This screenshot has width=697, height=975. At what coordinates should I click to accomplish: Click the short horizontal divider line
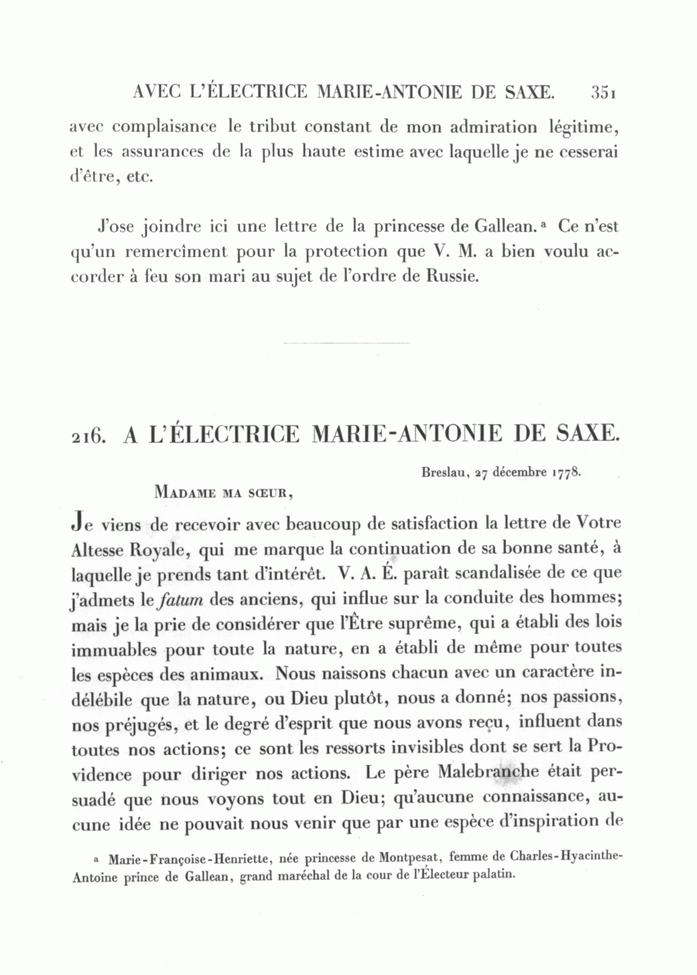[x=346, y=342]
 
